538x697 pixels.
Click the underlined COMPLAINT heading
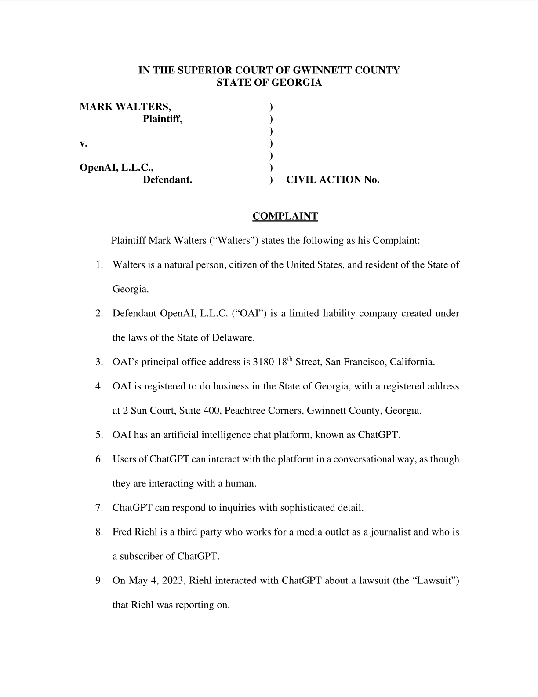pos(285,216)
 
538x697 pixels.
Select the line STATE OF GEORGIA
pos(269,83)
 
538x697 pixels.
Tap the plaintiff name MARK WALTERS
pos(125,106)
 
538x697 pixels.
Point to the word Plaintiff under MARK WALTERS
pos(162,119)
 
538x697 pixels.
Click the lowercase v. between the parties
pos(83,143)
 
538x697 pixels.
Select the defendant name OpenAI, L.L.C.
pos(116,167)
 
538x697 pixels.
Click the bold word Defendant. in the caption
pos(167,180)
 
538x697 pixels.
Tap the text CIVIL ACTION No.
pos(333,180)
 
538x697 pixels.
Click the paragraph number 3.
pos(99,362)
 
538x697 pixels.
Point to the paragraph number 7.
pos(99,508)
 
